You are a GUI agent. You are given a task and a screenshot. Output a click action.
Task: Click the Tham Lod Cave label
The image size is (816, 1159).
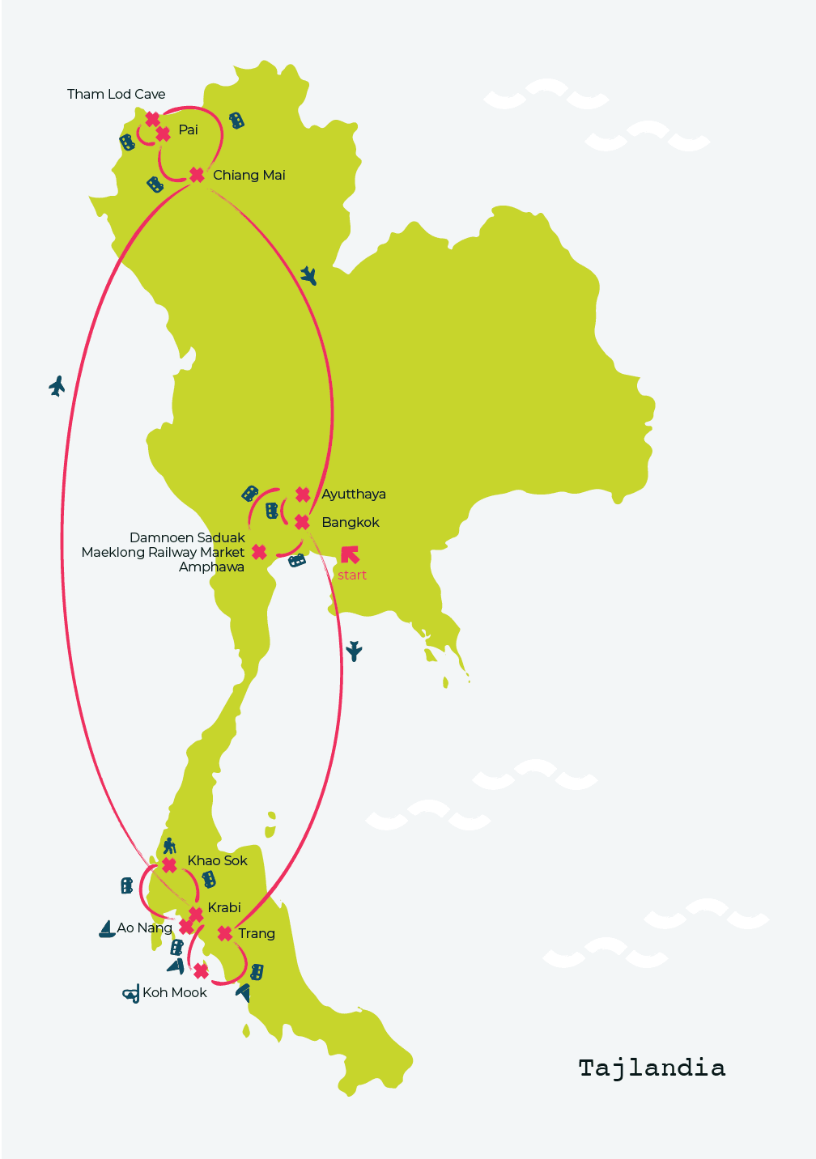[x=116, y=94]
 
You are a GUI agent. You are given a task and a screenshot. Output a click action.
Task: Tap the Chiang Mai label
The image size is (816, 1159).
[x=249, y=176]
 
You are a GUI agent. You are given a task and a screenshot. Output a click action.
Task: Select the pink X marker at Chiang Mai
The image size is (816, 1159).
[x=197, y=175]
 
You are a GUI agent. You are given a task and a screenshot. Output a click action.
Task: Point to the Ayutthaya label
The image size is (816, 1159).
[x=354, y=495]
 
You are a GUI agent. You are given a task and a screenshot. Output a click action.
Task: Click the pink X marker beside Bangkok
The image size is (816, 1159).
[x=302, y=522]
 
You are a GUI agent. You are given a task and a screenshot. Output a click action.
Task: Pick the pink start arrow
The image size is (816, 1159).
[x=350, y=554]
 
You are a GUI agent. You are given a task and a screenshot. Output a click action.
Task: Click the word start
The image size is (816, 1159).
[x=352, y=575]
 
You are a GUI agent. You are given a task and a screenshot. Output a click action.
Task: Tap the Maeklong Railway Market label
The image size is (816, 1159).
[x=163, y=553]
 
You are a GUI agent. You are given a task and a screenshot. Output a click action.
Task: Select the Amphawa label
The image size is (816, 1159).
[x=211, y=567]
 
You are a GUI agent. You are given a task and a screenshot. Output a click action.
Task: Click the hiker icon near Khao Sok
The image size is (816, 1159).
[x=169, y=846]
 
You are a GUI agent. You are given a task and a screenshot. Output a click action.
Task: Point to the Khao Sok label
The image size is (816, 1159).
[x=217, y=860]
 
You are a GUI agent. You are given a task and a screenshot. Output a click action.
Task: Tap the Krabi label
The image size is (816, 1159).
[x=224, y=907]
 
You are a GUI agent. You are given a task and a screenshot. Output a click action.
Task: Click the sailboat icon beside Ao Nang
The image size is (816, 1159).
[x=107, y=929]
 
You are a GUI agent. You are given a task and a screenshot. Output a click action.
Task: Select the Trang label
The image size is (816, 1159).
[x=256, y=933]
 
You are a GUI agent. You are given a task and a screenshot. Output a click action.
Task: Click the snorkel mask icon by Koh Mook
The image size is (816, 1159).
[x=131, y=993]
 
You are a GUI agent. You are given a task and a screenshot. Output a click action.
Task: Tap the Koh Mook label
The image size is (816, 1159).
[x=174, y=992]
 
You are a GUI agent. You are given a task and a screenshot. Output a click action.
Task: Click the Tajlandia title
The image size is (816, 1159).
[x=652, y=1068]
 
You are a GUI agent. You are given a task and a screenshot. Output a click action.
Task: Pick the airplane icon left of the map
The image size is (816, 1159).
[x=57, y=386]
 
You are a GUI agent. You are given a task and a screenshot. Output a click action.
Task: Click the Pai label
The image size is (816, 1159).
[x=189, y=129]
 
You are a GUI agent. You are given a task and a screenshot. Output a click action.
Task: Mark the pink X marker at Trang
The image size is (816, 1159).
[x=224, y=933]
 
